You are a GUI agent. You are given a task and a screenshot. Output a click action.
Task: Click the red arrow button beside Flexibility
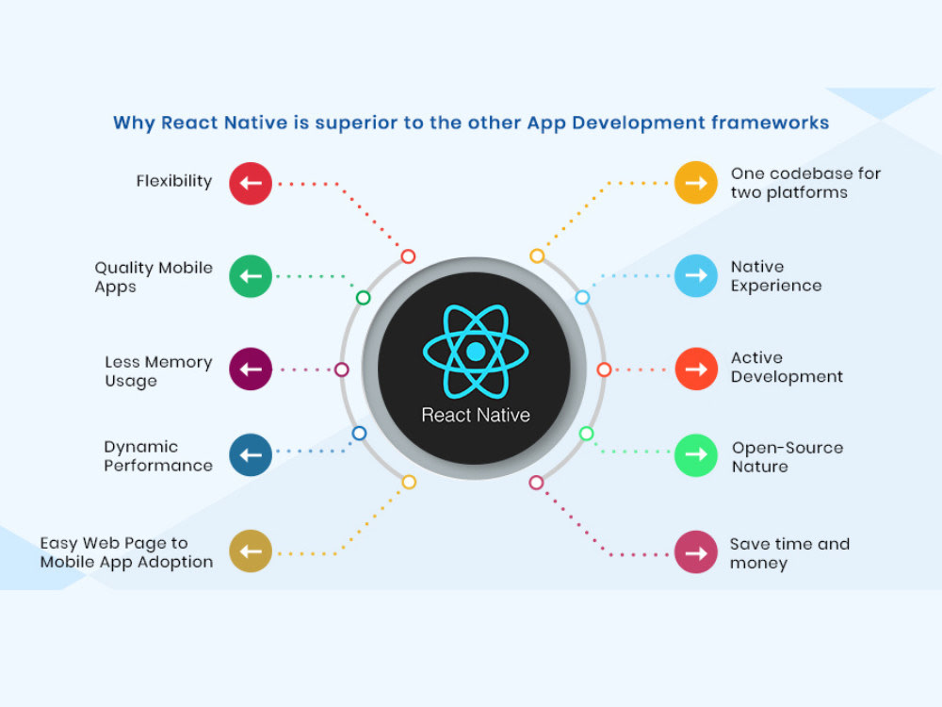pyautogui.click(x=251, y=183)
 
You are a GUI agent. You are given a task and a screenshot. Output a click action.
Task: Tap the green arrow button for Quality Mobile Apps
pyautogui.click(x=251, y=276)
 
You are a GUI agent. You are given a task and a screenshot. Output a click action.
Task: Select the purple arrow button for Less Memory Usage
pyautogui.click(x=251, y=369)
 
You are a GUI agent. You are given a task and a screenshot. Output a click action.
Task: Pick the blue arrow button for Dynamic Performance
pyautogui.click(x=251, y=455)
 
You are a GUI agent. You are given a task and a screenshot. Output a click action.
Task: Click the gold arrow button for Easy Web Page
pyautogui.click(x=251, y=551)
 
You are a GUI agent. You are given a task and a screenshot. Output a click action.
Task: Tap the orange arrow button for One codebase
pyautogui.click(x=696, y=183)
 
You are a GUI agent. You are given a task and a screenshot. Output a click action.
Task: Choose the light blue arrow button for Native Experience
pyautogui.click(x=696, y=275)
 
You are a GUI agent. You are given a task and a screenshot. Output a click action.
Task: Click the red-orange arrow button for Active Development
pyautogui.click(x=696, y=369)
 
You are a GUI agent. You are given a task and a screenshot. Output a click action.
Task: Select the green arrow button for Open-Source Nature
pyautogui.click(x=696, y=455)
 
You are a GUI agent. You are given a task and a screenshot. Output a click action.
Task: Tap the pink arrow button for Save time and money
pyautogui.click(x=696, y=551)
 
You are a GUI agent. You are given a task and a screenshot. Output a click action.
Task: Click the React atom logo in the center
pyautogui.click(x=476, y=351)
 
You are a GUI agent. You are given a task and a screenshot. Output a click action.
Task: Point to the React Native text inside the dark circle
pyautogui.click(x=476, y=415)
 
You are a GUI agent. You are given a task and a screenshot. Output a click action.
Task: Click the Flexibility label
pyautogui.click(x=174, y=181)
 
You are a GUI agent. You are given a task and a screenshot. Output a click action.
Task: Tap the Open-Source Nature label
pyautogui.click(x=787, y=456)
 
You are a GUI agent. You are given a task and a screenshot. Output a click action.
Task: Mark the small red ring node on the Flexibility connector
pyautogui.click(x=408, y=256)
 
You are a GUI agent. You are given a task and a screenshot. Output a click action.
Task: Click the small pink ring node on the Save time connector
pyautogui.click(x=536, y=483)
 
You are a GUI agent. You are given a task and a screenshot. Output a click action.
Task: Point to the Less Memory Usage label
pyautogui.click(x=158, y=371)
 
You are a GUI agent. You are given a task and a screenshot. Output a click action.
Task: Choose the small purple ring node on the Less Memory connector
pyautogui.click(x=342, y=370)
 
